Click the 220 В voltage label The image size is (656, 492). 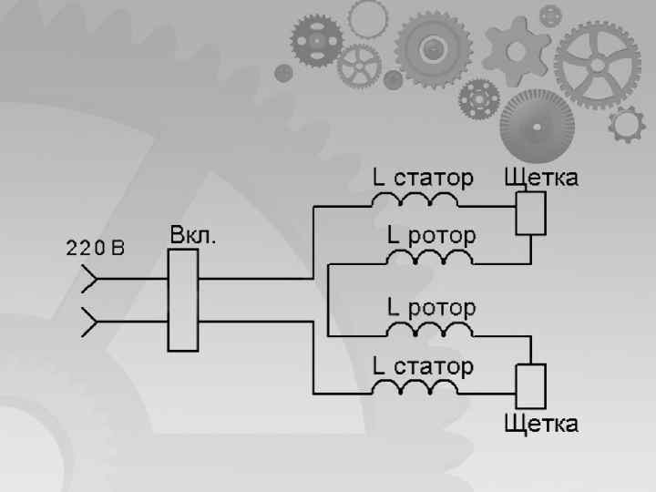[96, 248]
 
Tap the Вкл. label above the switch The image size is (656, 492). [193, 235]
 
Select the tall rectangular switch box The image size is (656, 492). [182, 301]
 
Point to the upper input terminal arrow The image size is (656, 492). [88, 278]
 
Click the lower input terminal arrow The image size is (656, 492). [88, 321]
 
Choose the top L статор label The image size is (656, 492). [424, 178]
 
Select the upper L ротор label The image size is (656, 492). [431, 236]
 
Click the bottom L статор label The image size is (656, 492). [424, 367]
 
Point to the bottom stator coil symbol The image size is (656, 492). [415, 389]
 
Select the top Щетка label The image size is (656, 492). [541, 178]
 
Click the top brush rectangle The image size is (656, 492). [529, 213]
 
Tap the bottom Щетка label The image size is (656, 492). [541, 425]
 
